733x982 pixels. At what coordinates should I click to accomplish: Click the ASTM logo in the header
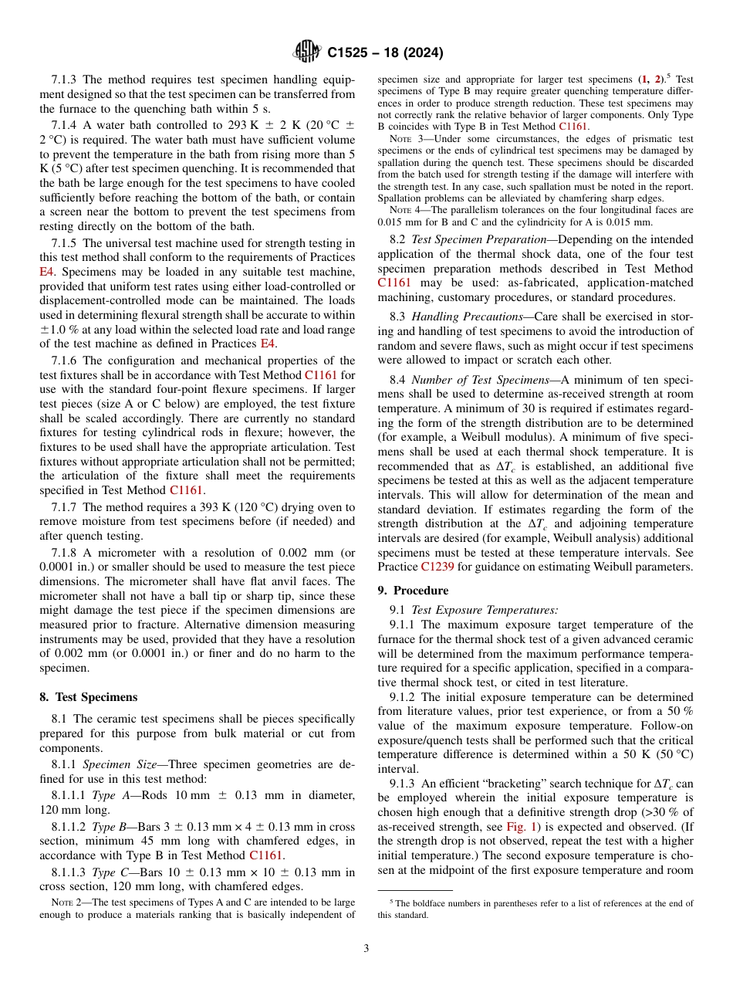click(x=308, y=52)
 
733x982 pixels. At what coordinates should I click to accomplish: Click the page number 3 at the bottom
click(x=366, y=949)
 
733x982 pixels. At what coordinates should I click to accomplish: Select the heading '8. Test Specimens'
click(x=89, y=697)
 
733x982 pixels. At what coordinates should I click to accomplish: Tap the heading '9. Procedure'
click(x=413, y=591)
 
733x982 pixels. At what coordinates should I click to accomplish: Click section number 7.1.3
click(x=66, y=80)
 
